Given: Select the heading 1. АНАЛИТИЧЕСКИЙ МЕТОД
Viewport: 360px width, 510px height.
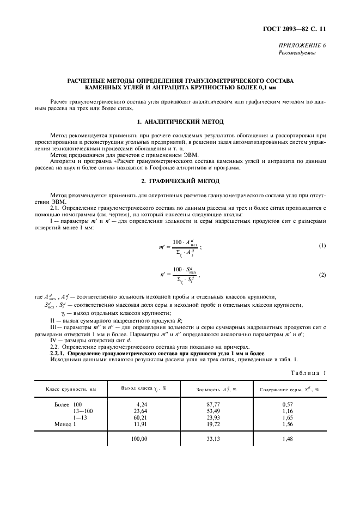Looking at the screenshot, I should pos(180,120).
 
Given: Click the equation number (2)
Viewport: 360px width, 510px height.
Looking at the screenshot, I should pos(322,275).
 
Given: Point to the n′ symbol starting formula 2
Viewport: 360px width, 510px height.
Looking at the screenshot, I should pos(163,276).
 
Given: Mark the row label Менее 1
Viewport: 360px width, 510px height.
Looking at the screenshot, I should pos(65,423).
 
